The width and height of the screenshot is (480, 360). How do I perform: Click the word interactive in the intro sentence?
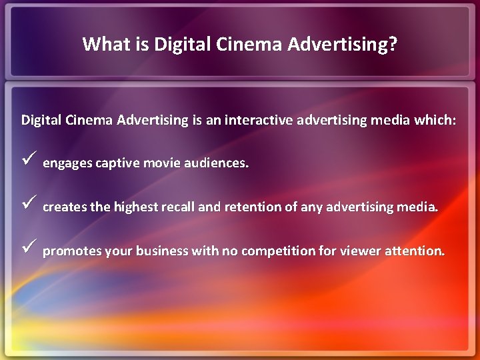(x=260, y=120)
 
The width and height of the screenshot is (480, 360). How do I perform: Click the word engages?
(x=68, y=164)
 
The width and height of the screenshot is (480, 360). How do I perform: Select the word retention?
(x=251, y=207)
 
